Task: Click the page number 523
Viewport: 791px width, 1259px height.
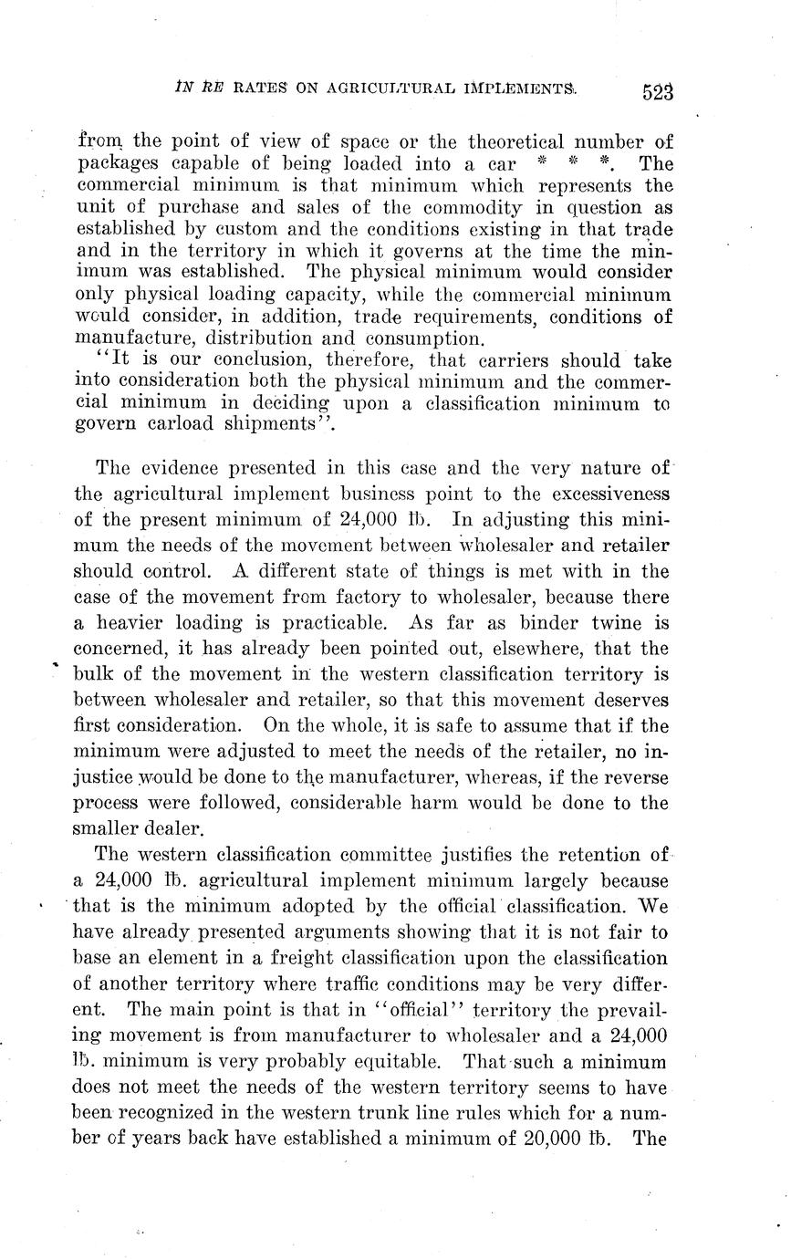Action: pyautogui.click(x=657, y=91)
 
